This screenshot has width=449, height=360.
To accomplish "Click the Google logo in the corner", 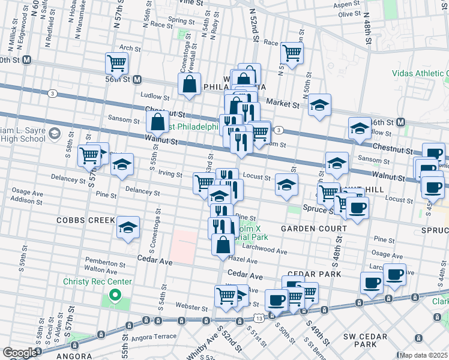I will (19, 353).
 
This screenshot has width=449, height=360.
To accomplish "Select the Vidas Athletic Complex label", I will (420, 73).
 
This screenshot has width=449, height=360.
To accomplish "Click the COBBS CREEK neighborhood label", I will (85, 220).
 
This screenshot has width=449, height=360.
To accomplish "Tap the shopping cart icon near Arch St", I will (116, 62).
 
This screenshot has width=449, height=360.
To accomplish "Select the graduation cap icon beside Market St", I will (320, 104).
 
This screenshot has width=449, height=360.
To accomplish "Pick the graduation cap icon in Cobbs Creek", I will (128, 227).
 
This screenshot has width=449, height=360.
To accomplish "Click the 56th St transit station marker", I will (137, 79).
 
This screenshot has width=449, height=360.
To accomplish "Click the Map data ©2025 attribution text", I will (424, 355).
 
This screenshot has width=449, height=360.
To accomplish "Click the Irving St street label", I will (170, 174).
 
